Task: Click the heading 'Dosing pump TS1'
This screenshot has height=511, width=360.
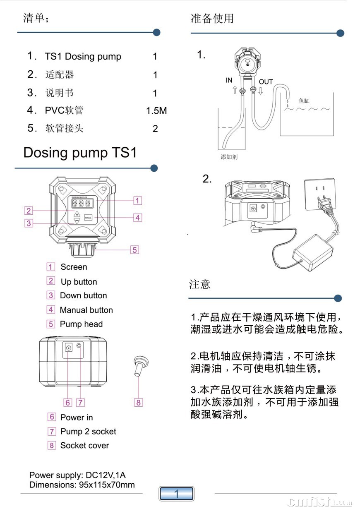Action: [x=80, y=153]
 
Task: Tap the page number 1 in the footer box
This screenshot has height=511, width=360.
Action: [x=176, y=494]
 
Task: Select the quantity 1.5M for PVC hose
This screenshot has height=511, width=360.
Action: [x=156, y=111]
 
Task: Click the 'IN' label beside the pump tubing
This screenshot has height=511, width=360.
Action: [x=229, y=80]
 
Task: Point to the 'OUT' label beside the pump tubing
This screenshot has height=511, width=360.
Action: [x=266, y=82]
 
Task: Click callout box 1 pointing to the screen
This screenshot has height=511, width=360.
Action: [x=138, y=201]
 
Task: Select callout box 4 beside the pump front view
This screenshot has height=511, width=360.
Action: [x=138, y=217]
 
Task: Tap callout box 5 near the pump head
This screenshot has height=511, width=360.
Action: [x=135, y=250]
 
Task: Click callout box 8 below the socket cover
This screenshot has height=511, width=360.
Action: [x=139, y=402]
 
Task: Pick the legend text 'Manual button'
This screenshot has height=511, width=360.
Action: [x=86, y=310]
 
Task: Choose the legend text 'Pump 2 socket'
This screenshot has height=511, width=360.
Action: [x=88, y=432]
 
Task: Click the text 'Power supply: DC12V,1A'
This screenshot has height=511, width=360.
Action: [x=77, y=475]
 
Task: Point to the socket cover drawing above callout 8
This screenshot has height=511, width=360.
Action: [x=139, y=364]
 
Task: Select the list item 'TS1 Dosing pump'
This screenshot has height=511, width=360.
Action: [x=83, y=57]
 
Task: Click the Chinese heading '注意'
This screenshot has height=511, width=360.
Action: [x=200, y=284]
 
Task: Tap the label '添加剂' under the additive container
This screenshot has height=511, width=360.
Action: [x=229, y=157]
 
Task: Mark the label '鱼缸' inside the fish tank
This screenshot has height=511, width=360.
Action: [x=304, y=101]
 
